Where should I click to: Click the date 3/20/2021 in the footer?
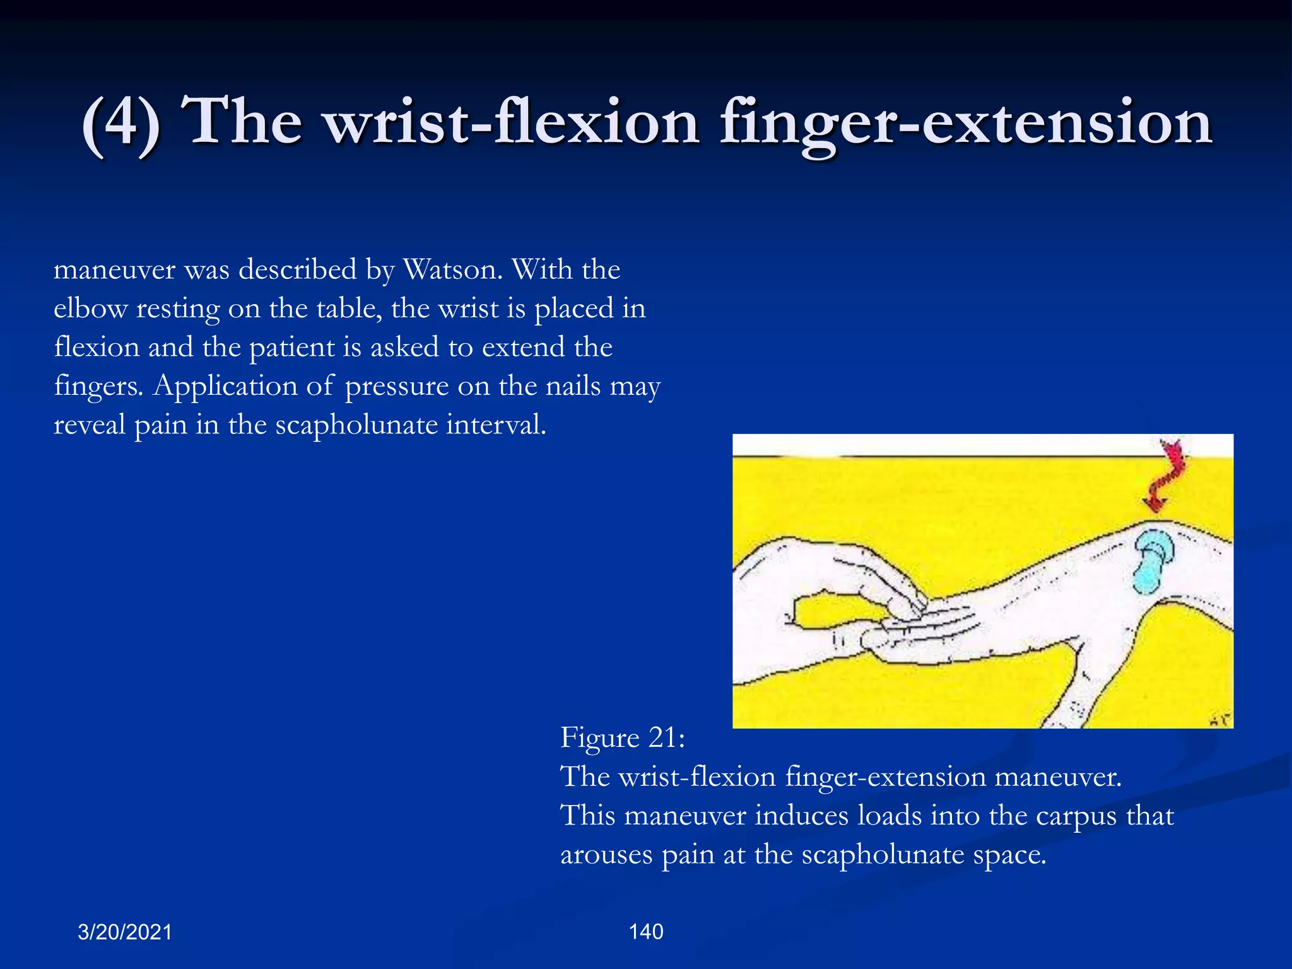click(x=125, y=932)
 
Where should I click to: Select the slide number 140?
click(x=646, y=932)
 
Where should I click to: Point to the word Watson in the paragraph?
click(x=452, y=270)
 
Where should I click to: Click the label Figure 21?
click(x=622, y=737)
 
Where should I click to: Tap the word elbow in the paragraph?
click(x=90, y=309)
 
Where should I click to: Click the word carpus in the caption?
click(x=1076, y=816)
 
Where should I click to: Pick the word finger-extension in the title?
click(x=966, y=121)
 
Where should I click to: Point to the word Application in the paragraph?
click(x=225, y=386)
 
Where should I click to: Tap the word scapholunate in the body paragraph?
click(x=356, y=425)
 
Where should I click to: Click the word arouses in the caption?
click(x=606, y=855)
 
